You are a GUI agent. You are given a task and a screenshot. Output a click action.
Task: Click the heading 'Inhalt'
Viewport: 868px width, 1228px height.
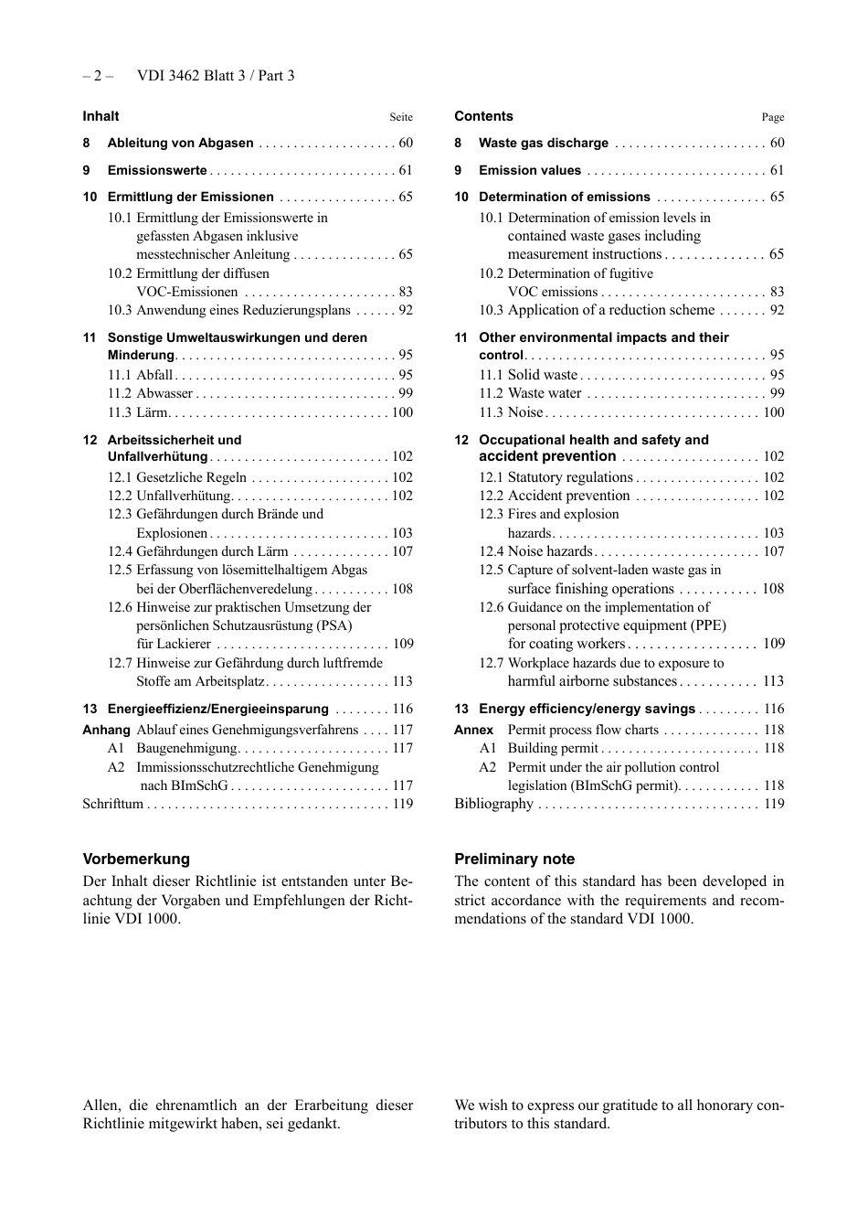101,116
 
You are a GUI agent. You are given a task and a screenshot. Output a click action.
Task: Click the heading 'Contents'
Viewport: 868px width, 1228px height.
483,116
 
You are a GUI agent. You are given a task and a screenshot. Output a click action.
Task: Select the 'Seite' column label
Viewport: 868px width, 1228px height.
401,117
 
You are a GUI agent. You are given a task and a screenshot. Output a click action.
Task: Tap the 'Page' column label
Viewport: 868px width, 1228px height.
773,117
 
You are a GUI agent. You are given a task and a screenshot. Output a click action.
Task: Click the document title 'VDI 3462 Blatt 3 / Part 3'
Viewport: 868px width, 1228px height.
216,76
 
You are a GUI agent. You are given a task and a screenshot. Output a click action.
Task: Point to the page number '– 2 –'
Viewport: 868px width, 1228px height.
98,76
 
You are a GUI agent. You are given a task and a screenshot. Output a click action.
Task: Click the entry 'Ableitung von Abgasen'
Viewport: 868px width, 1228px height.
180,143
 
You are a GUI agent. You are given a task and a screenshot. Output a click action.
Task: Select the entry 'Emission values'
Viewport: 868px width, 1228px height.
530,170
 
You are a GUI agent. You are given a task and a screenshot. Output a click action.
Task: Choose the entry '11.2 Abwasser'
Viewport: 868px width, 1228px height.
150,393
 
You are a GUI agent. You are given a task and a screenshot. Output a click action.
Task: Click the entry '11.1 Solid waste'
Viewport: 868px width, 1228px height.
528,375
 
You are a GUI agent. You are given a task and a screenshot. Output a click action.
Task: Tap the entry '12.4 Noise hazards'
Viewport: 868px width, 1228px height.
535,551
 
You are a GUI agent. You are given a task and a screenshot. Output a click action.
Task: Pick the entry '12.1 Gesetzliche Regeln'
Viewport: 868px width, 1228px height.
177,477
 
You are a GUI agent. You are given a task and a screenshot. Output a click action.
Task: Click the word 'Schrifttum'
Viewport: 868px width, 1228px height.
113,804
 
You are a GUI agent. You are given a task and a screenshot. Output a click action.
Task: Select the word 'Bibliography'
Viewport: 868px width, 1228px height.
493,804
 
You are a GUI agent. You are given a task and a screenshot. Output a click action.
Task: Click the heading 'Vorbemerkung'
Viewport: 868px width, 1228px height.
136,859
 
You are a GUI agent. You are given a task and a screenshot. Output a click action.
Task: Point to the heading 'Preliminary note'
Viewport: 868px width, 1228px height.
514,859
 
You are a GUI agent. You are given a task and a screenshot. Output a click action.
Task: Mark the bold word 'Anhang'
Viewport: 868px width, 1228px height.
106,730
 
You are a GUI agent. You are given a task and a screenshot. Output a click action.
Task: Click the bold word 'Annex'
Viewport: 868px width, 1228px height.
473,730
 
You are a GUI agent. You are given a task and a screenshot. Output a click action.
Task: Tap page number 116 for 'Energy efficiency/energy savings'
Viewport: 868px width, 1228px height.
774,709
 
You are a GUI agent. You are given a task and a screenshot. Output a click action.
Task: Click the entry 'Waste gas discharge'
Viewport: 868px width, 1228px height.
544,143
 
